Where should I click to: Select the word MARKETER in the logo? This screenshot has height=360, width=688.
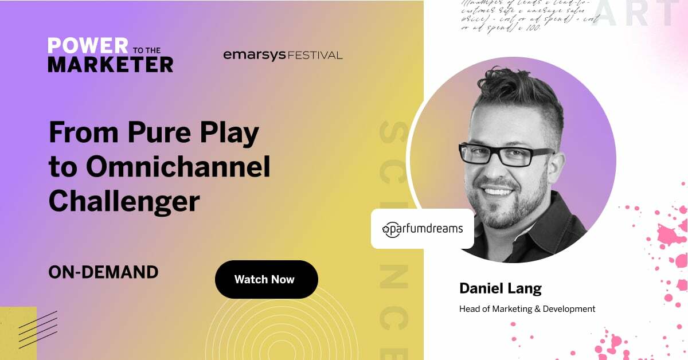(110, 64)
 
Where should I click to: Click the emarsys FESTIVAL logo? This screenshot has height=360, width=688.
(283, 55)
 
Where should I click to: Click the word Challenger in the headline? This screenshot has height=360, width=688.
(124, 201)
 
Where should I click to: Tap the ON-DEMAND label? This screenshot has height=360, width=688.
(103, 272)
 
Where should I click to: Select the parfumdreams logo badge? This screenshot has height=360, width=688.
(423, 229)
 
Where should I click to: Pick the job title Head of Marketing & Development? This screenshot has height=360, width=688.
(527, 309)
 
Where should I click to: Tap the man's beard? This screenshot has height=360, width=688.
(507, 206)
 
